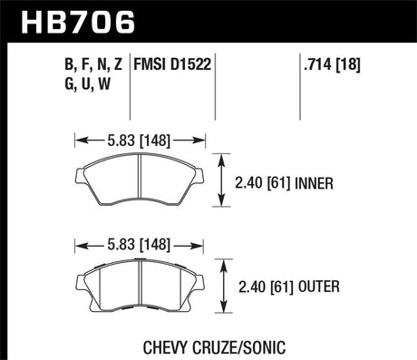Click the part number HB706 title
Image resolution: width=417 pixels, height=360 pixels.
[x=56, y=19]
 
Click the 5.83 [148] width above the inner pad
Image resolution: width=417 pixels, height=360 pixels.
[x=139, y=141]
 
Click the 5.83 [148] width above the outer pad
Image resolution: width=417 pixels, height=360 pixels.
[x=139, y=244]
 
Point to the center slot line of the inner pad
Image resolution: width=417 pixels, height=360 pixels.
[x=139, y=182]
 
